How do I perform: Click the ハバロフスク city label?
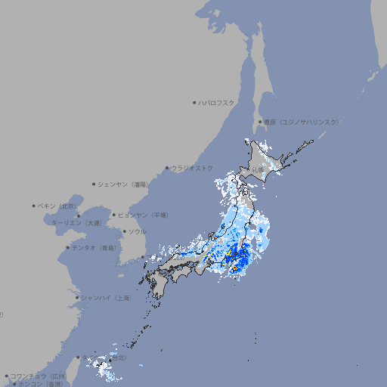(x=217, y=102)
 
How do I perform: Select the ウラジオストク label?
(x=192, y=168)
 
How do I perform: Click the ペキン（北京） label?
(x=57, y=206)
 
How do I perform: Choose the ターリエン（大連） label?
(x=76, y=223)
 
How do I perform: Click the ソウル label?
(x=137, y=231)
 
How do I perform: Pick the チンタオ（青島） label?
(x=94, y=247)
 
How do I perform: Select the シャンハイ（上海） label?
(x=106, y=298)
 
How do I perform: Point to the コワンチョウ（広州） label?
(x=39, y=376)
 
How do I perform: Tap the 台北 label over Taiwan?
(x=118, y=358)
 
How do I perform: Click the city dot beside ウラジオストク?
(x=167, y=168)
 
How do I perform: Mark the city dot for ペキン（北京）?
(x=34, y=206)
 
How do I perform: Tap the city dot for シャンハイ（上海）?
(x=77, y=298)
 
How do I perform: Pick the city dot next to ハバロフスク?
(x=194, y=102)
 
